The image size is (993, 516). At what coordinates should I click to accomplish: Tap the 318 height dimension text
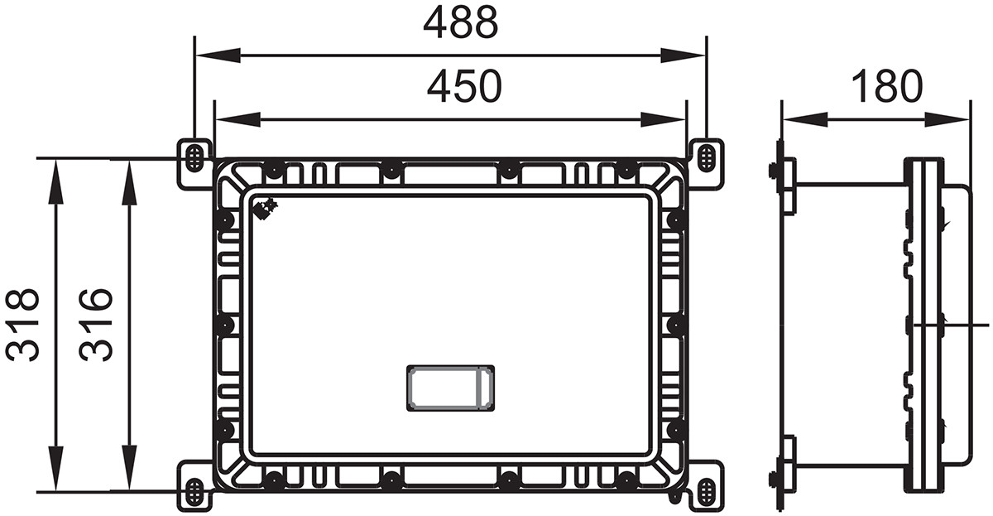pos(23,324)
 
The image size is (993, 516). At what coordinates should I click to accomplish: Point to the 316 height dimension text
pos(96,324)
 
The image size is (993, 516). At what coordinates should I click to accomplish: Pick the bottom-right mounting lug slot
pos(706,492)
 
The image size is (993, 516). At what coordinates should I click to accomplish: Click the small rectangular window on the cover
pos(451,388)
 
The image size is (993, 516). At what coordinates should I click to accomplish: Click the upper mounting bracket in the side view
pos(786,184)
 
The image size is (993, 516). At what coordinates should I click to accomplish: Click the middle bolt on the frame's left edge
pos(223,325)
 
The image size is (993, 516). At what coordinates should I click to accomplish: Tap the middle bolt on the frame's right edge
pos(676,325)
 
